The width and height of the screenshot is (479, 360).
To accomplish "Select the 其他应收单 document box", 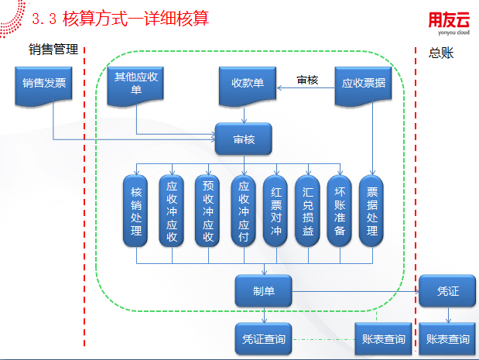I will pos(137,84).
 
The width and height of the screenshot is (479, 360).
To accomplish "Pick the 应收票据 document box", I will pos(363,84).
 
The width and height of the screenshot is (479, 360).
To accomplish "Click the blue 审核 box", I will pos(244,139).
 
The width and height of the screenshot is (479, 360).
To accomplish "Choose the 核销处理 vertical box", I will pos(137,211).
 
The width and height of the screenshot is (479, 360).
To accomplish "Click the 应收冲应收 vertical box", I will pos(172,211).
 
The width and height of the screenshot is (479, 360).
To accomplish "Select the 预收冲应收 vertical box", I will pos(207,211).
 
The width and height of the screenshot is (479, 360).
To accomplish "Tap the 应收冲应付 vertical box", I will pos(243,211).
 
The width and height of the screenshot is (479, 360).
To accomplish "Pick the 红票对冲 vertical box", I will pos(276,211).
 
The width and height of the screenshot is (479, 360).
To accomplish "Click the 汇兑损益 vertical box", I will pos(308,211).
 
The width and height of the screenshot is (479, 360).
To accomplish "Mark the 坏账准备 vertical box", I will pos(340,211).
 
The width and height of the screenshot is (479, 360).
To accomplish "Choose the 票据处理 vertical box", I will pos(372,211).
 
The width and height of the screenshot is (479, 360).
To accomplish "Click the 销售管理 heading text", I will pos(53,50).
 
